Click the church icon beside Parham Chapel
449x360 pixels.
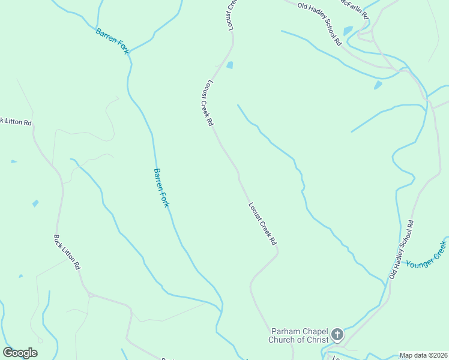point(337,334)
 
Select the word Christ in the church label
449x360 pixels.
point(316,340)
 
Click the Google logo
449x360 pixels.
point(20,353)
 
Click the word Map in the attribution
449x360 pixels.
point(406,355)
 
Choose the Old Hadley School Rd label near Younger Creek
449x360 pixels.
point(402,249)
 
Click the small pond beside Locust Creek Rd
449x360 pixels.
point(229,65)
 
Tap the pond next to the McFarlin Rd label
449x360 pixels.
point(348,31)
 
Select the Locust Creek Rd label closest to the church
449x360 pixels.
point(262,223)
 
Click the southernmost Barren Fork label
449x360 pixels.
point(161,188)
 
